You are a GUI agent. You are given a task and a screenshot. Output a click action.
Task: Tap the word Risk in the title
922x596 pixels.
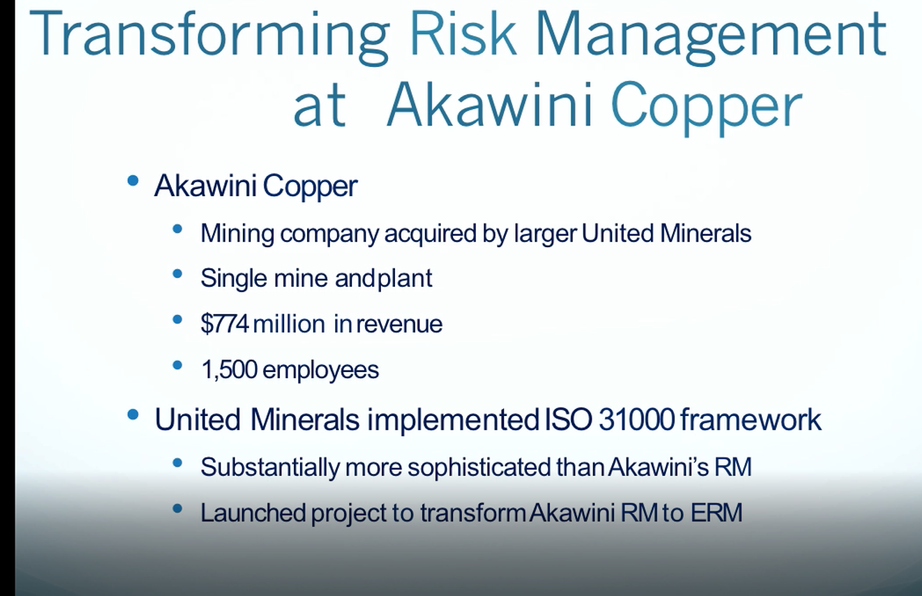(x=463, y=33)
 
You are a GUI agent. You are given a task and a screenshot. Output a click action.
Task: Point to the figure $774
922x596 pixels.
(x=225, y=324)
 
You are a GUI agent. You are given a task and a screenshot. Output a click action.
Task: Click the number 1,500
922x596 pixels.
(x=230, y=370)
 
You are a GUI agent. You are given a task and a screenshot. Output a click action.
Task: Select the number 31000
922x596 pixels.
(x=637, y=420)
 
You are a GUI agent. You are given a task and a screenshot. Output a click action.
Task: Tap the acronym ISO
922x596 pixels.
(x=569, y=420)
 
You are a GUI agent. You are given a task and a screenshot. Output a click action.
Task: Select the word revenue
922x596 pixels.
(x=399, y=325)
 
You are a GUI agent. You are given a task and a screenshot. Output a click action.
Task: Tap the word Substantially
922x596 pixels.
(x=270, y=468)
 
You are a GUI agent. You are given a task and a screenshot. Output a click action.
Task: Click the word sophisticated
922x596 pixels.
(x=479, y=468)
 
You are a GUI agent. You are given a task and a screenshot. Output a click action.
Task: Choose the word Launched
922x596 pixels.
(x=253, y=512)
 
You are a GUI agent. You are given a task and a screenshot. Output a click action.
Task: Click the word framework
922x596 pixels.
(x=751, y=420)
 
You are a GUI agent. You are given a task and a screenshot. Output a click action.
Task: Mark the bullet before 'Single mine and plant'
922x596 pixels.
(x=177, y=274)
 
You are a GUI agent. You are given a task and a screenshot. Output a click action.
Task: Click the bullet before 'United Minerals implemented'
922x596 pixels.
(x=133, y=415)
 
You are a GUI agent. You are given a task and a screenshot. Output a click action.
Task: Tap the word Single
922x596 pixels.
(x=234, y=279)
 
